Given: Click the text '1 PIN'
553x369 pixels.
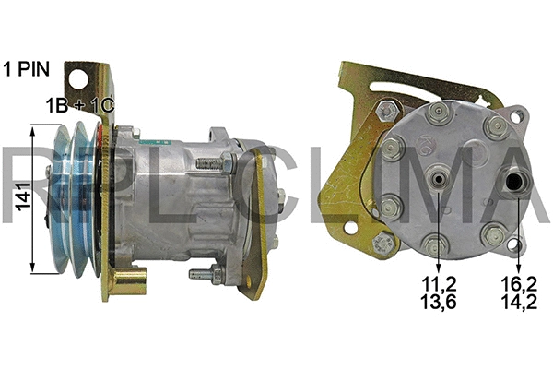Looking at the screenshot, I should click(x=30, y=68).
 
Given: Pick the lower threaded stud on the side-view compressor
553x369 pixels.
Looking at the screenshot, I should click(x=205, y=274).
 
